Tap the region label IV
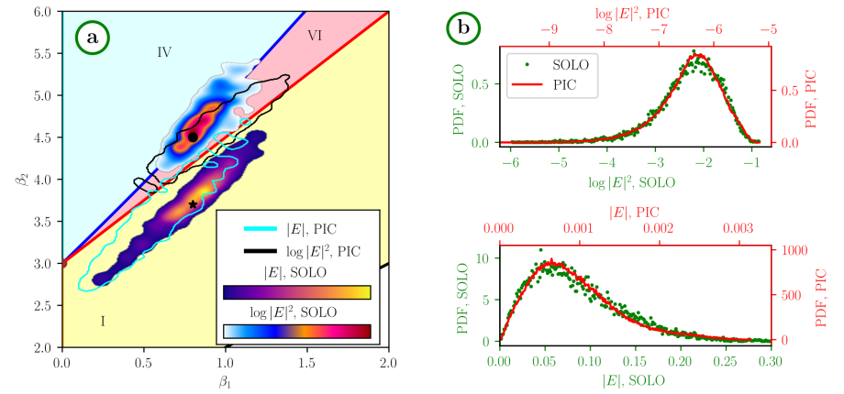click(x=164, y=52)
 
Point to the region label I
click(x=103, y=321)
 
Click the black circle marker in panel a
click(x=193, y=137)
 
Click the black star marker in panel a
click(x=192, y=204)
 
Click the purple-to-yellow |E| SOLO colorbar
click(x=296, y=292)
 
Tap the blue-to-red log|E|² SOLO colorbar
click(x=296, y=331)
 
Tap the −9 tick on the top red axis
click(x=549, y=28)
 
